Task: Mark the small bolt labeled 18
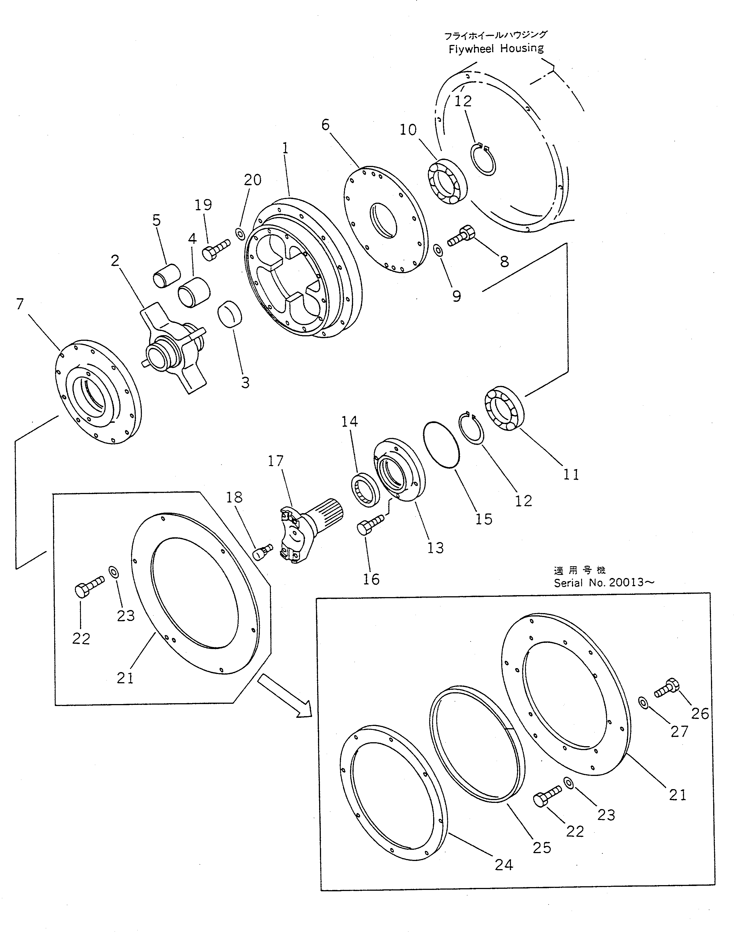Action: pyautogui.click(x=262, y=551)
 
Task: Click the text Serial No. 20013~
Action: pyautogui.click(x=604, y=583)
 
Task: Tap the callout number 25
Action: pyautogui.click(x=542, y=848)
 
